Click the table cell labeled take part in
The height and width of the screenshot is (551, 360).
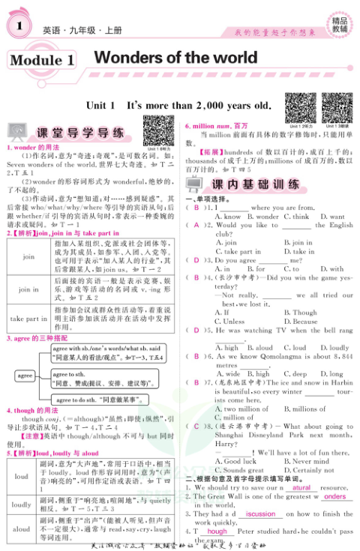tap(28, 318)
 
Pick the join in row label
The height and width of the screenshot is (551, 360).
tap(28, 289)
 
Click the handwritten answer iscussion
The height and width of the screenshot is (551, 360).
tap(261, 514)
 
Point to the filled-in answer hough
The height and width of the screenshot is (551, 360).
tap(217, 531)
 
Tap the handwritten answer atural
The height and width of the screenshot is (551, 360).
tap(301, 488)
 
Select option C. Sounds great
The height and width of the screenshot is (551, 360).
tap(239, 470)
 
